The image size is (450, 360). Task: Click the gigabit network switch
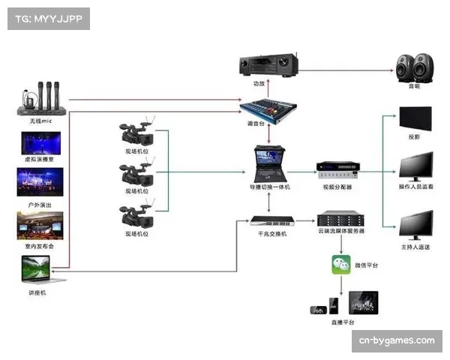[268, 222]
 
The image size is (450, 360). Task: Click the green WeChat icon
[342, 265]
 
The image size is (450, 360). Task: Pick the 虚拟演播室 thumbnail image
[40, 143]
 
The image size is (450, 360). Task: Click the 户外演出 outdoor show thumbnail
[40, 181]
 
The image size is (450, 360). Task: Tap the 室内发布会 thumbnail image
[40, 224]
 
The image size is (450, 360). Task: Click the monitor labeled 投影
[415, 119]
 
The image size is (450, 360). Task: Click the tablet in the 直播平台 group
[363, 304]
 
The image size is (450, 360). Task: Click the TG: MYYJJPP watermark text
[48, 19]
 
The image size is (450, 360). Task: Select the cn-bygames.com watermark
[396, 340]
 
